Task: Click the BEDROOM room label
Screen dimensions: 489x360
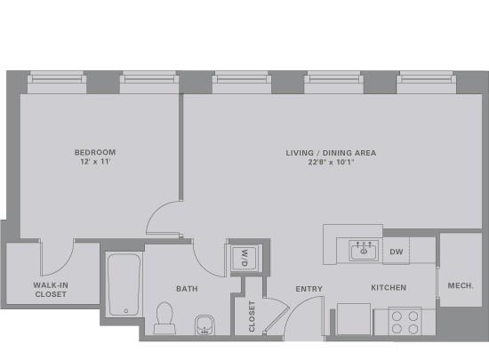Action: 95,152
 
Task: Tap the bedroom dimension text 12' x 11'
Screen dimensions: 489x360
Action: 95,162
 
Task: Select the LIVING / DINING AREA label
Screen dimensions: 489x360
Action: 331,153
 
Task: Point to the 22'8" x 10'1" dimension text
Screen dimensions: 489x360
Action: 332,162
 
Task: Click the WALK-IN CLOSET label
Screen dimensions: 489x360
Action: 51,290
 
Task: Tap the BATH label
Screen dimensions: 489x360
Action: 187,289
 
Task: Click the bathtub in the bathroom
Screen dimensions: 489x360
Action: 124,284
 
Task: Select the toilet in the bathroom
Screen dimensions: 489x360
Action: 164,318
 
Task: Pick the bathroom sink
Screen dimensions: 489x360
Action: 204,324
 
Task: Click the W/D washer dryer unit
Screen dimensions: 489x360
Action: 244,258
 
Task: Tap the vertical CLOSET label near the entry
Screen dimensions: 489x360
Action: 252,316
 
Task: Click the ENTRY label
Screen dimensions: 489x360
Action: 309,289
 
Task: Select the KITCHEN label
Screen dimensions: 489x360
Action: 389,287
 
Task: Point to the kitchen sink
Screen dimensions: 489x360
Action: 364,251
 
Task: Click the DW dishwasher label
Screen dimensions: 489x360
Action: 397,252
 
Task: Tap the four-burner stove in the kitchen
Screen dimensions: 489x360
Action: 405,321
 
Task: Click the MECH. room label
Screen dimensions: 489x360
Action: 461,285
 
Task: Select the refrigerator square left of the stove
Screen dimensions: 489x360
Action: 354,319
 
